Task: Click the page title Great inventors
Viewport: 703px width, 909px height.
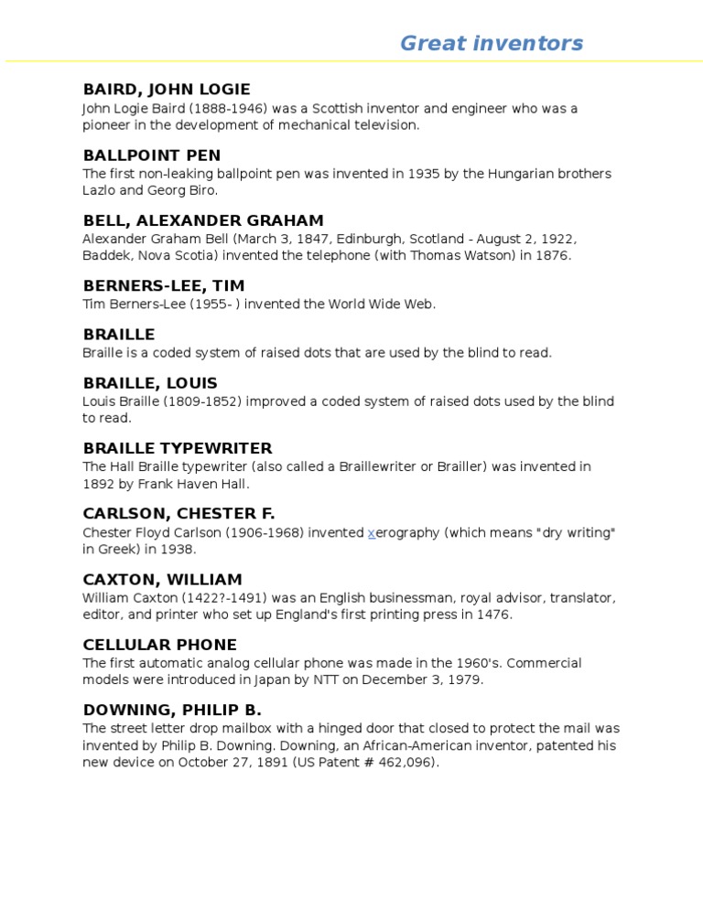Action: pos(491,43)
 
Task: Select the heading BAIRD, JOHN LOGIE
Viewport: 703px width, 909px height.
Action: pos(166,90)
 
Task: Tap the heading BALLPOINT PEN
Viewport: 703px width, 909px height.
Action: pos(151,155)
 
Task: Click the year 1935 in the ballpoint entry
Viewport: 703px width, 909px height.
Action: pos(424,174)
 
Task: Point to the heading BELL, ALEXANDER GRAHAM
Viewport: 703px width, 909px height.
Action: pos(203,220)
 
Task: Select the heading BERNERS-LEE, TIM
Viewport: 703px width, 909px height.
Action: pos(164,286)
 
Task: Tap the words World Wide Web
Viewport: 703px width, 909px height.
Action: pos(388,305)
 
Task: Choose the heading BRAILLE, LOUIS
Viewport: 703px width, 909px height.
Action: pos(150,383)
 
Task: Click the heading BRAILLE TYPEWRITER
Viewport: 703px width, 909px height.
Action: pos(178,448)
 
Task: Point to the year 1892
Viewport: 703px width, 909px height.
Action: pos(99,485)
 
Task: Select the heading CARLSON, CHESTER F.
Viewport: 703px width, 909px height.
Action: pos(178,514)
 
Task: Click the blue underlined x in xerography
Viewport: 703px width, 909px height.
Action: pos(372,533)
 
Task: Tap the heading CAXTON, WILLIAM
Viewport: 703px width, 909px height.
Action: pos(162,580)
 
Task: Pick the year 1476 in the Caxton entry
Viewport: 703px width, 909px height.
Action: pos(493,615)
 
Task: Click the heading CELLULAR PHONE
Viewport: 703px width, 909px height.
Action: pos(159,645)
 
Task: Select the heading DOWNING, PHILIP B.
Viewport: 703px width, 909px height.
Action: pos(172,710)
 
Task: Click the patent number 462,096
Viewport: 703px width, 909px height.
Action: pos(407,763)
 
